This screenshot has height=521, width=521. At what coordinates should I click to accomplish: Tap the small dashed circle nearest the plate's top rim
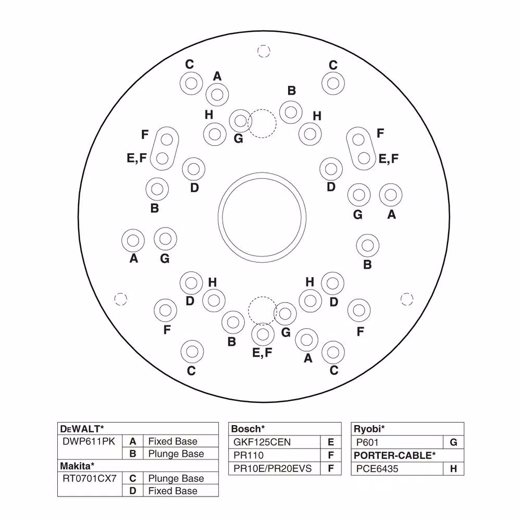pos(264,51)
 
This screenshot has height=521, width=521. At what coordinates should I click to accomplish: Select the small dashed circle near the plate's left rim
pos(121,299)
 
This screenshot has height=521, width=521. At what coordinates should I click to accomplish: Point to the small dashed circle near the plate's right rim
pos(407,299)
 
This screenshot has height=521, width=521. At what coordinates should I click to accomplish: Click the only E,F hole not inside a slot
pos(263,334)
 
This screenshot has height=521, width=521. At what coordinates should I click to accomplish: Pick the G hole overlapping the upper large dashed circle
pos(240,121)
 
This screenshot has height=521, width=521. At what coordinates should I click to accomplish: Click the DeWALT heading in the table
pos(82,429)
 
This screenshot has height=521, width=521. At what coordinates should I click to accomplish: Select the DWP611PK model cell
pos(89,441)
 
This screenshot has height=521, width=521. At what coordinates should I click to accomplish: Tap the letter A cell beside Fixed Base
pos(132,441)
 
